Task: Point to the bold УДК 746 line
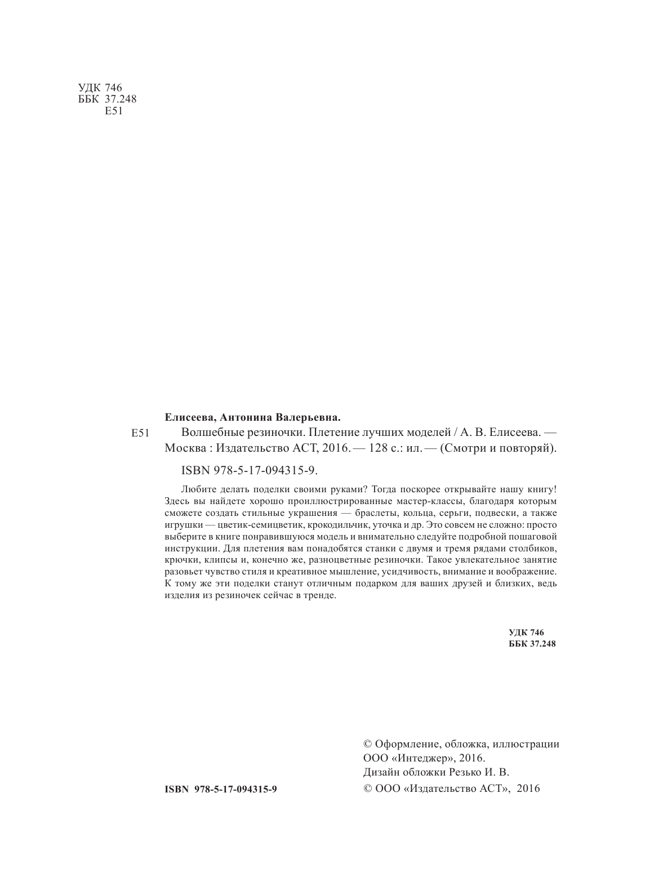[524, 632]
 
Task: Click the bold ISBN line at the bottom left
[221, 789]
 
